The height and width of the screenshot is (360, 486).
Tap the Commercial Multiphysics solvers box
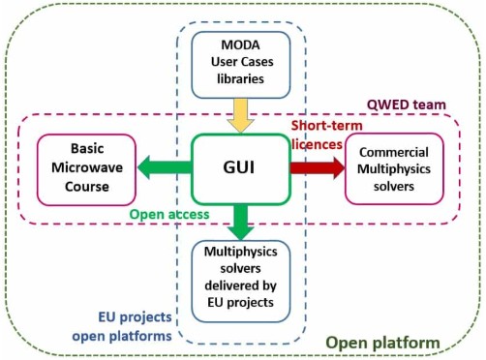tap(394, 168)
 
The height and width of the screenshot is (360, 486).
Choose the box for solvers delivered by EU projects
tap(241, 281)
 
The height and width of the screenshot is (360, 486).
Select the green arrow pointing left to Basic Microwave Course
tap(164, 168)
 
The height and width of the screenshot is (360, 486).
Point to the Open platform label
tap(382, 343)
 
